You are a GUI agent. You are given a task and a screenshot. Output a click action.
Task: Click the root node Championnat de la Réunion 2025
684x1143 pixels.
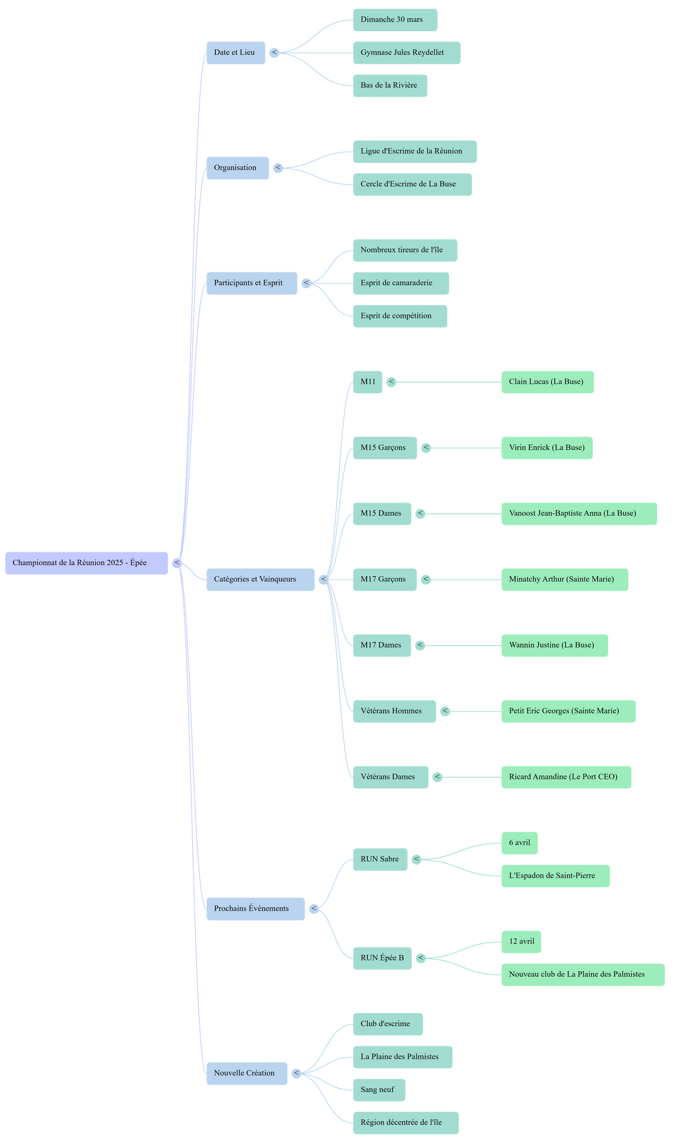pyautogui.click(x=87, y=563)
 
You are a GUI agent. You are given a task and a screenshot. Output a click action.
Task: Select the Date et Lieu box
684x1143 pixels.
pyautogui.click(x=236, y=53)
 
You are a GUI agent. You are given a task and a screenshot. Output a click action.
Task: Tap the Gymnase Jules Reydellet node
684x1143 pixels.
pyautogui.click(x=407, y=53)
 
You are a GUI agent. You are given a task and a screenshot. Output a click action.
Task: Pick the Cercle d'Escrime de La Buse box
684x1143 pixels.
pyautogui.click(x=412, y=184)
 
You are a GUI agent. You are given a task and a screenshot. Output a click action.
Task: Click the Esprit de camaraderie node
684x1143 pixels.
pyautogui.click(x=400, y=283)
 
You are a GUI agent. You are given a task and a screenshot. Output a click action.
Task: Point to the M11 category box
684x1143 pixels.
pyautogui.click(x=367, y=382)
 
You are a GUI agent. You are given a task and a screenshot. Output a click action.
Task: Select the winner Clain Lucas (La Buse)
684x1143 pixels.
pyautogui.click(x=547, y=382)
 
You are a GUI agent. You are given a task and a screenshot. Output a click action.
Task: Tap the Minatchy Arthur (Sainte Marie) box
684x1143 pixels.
pyautogui.click(x=564, y=580)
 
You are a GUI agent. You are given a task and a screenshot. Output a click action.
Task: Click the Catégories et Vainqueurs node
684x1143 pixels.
pyautogui.click(x=260, y=580)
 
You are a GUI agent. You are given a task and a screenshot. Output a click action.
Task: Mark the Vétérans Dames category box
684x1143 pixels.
pyautogui.click(x=391, y=777)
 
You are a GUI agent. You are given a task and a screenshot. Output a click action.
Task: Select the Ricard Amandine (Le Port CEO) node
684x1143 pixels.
pyautogui.click(x=566, y=777)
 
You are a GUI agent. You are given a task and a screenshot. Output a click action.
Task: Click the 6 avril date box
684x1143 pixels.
pyautogui.click(x=519, y=843)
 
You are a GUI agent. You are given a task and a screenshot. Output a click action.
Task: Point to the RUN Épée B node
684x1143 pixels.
pyautogui.click(x=382, y=958)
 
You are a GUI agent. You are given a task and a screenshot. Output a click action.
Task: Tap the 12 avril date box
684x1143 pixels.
pyautogui.click(x=521, y=941)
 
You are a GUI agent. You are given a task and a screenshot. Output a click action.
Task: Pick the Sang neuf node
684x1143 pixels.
pyautogui.click(x=379, y=1090)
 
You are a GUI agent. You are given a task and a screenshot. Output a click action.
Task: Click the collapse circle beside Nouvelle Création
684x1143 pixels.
pyautogui.click(x=297, y=1073)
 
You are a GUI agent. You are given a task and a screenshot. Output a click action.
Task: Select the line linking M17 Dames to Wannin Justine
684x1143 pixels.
pyautogui.click(x=463, y=646)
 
